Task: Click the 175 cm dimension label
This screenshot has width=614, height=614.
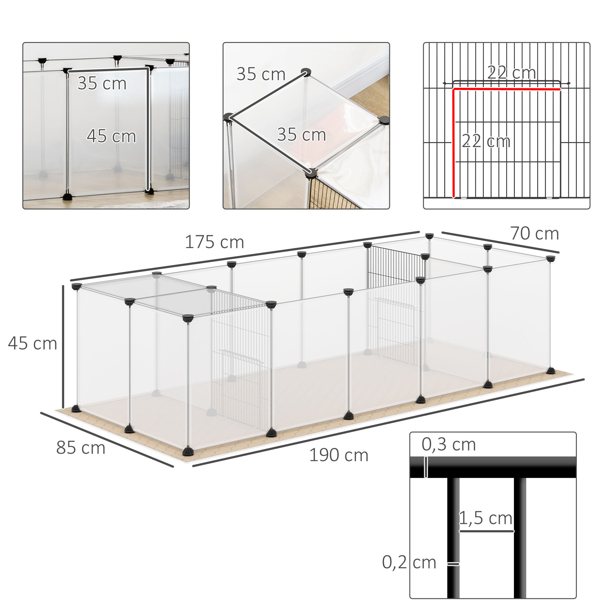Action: [x=214, y=242]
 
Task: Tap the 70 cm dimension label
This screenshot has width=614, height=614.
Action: [x=534, y=234]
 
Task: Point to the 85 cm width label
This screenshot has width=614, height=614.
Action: [x=81, y=448]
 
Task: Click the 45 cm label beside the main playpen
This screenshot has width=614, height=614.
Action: [x=33, y=344]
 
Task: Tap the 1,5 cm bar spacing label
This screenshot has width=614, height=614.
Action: [x=486, y=518]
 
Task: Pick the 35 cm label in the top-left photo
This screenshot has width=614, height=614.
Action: [x=102, y=83]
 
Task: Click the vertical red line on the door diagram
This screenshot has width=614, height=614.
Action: [x=453, y=143]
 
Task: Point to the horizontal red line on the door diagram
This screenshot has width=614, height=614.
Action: [x=507, y=90]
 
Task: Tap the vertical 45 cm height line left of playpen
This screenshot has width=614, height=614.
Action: [x=63, y=346]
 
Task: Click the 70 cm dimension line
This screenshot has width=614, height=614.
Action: [x=500, y=242]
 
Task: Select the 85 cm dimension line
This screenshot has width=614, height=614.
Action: [x=107, y=440]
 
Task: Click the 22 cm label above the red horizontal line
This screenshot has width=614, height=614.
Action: [x=511, y=73]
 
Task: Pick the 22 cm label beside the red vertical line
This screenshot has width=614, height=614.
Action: [x=486, y=141]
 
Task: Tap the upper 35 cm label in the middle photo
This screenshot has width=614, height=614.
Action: [x=261, y=74]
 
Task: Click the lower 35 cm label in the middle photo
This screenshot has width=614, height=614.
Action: [x=301, y=134]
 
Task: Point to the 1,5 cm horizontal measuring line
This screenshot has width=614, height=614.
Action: [x=487, y=531]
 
